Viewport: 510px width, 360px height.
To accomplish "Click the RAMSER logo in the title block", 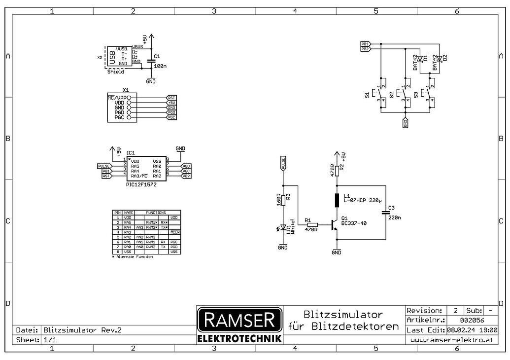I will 239,321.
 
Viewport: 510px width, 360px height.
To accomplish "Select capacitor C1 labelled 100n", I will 151,61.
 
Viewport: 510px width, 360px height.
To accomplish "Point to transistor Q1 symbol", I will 336,225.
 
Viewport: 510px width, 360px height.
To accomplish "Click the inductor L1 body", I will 337,200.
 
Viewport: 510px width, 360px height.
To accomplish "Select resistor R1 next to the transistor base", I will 312,225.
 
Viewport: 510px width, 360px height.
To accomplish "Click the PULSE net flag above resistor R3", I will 283,163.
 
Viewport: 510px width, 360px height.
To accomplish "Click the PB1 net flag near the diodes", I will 365,44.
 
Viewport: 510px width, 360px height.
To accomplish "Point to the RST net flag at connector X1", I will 171,98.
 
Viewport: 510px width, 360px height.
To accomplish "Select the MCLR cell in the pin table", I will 175,232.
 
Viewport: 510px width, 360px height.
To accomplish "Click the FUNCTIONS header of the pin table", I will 155,212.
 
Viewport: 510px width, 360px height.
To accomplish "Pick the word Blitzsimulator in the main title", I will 343,314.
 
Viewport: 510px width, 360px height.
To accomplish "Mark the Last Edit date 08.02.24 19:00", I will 472,330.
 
